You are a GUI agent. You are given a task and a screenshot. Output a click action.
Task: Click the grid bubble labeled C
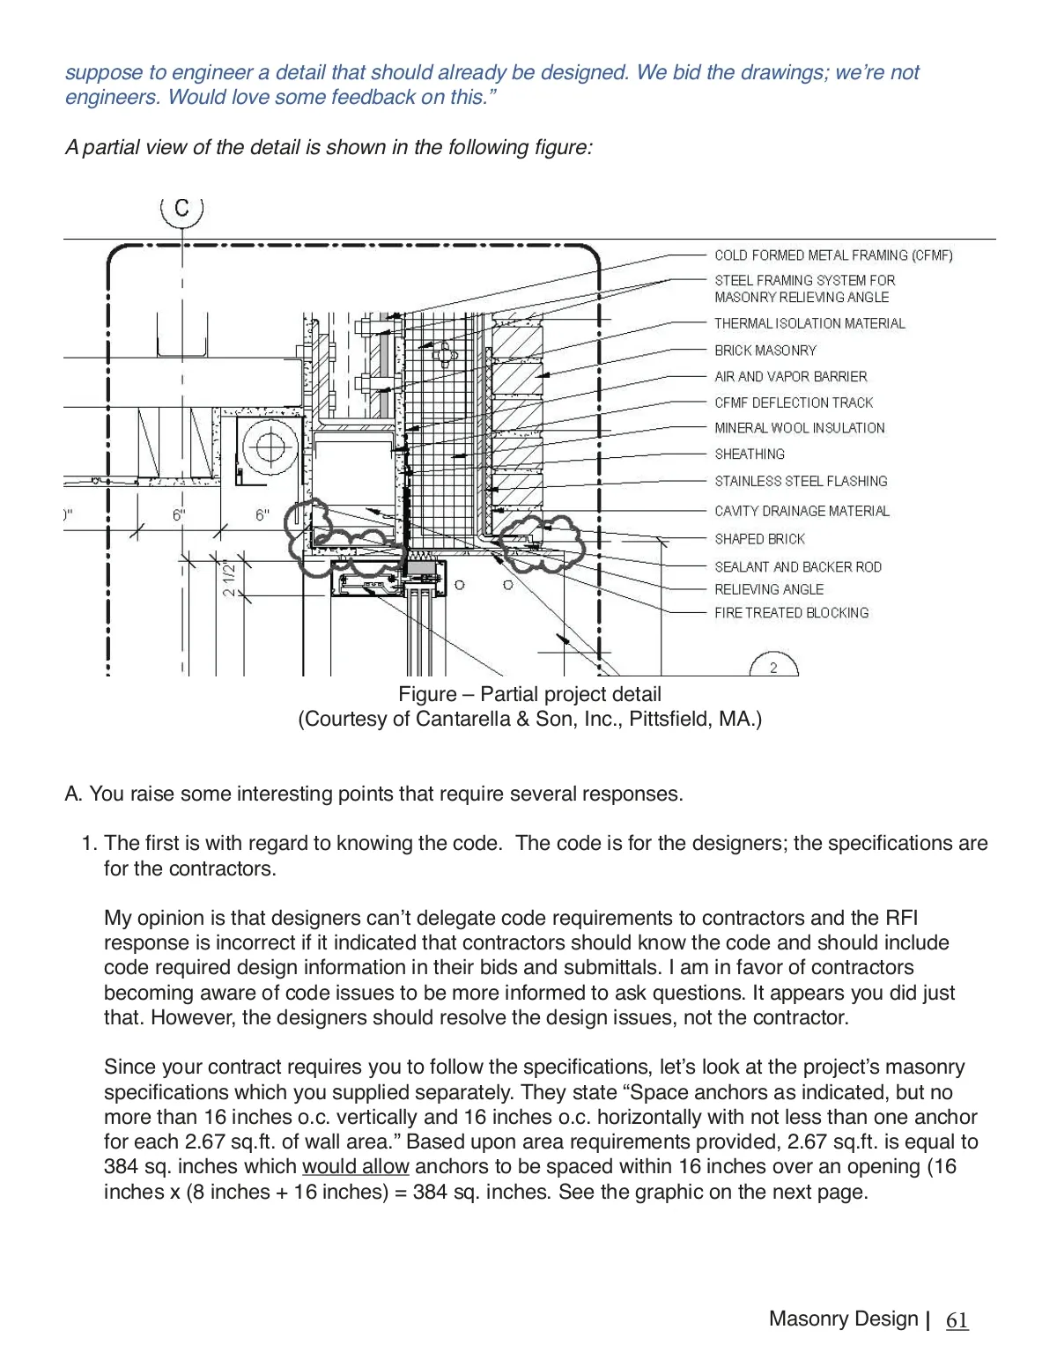point(181,209)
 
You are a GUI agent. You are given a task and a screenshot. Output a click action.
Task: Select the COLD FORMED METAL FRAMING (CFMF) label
point(833,255)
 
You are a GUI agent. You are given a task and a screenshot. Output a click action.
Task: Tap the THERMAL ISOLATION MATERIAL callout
point(809,323)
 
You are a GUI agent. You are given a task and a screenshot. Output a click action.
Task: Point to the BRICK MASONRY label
point(765,351)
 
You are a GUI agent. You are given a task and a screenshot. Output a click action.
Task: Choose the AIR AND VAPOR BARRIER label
point(790,376)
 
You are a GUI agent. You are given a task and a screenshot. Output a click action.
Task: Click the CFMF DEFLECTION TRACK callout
point(793,403)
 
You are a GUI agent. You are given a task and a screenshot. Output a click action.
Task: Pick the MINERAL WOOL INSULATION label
point(799,428)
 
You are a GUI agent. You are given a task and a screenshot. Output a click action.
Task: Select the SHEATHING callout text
point(749,454)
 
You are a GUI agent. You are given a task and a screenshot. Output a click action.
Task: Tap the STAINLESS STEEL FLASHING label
point(801,481)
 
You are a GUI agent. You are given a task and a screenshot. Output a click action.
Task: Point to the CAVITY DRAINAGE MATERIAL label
point(802,511)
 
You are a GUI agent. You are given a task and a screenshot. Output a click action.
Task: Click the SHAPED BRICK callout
point(759,539)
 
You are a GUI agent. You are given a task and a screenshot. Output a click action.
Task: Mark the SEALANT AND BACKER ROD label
point(797,567)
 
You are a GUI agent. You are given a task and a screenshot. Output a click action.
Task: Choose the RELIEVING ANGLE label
point(768,589)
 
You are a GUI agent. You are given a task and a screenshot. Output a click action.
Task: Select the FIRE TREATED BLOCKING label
point(791,613)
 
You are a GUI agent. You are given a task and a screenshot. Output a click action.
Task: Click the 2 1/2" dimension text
point(229,578)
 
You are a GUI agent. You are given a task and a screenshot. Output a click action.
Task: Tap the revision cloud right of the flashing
point(536,541)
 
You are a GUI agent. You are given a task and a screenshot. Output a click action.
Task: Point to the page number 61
point(957,1320)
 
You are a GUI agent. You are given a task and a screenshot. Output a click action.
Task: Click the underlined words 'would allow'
point(355,1166)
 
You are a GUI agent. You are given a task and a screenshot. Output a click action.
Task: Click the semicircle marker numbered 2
point(773,666)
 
